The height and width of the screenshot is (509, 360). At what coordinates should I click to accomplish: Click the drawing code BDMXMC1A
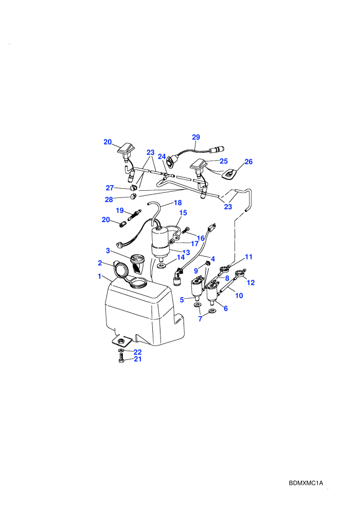click(x=306, y=483)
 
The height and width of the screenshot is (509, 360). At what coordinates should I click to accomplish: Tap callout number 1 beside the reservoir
click(x=100, y=276)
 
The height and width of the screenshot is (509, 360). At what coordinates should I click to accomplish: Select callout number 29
click(x=196, y=137)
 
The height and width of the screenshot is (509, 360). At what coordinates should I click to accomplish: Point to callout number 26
click(x=248, y=161)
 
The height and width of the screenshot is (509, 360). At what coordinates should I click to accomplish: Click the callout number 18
click(x=178, y=203)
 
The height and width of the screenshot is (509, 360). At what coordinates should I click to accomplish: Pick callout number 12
click(x=250, y=282)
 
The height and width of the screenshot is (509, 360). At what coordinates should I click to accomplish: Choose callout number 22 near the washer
click(x=138, y=352)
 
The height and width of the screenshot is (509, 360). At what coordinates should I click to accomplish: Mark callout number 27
click(x=110, y=188)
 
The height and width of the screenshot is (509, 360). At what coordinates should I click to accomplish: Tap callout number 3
click(x=108, y=250)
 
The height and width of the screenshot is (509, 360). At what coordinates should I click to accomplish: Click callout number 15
click(x=183, y=213)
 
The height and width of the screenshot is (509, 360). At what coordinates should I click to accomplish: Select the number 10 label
click(x=239, y=296)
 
